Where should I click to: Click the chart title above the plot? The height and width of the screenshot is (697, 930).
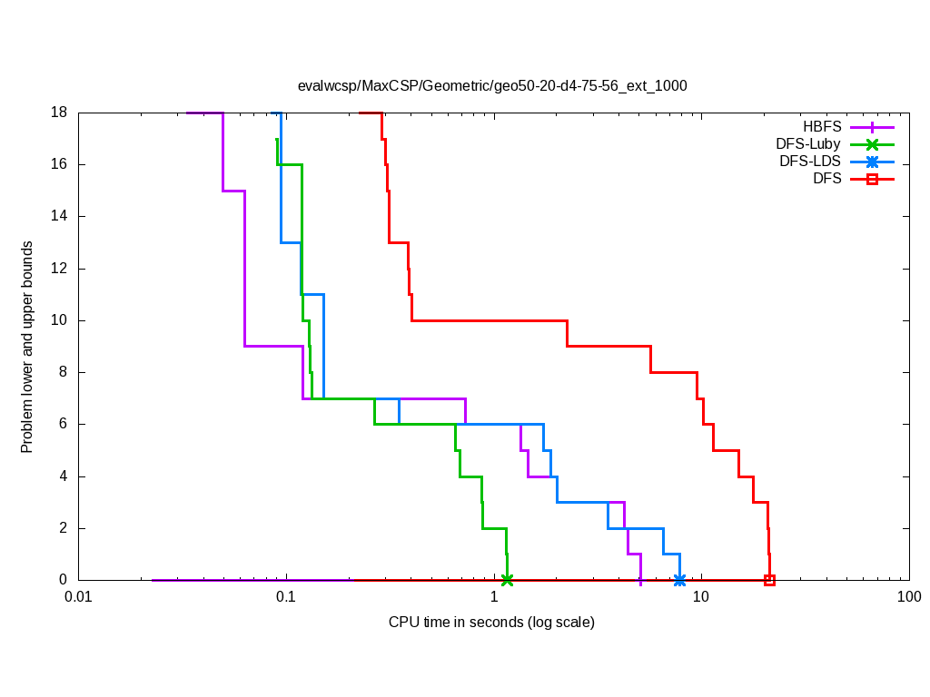(x=492, y=86)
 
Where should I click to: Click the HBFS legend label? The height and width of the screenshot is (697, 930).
(x=822, y=127)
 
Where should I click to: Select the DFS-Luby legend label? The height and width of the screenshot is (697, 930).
(x=808, y=144)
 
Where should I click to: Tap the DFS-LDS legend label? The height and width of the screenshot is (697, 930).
(x=810, y=162)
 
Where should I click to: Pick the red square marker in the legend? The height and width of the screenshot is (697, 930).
(x=872, y=179)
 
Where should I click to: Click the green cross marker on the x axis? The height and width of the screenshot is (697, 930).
(x=507, y=580)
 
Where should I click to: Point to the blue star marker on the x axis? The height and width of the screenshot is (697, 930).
(x=679, y=580)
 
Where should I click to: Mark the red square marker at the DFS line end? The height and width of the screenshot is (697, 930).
(x=769, y=580)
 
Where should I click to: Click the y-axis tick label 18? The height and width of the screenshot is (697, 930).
(x=60, y=113)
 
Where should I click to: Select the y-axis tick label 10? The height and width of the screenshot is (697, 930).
(x=60, y=320)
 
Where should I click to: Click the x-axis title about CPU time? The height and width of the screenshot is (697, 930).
(x=491, y=623)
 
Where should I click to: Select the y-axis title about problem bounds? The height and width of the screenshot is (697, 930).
(x=27, y=348)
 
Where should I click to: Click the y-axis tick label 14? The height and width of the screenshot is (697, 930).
(x=60, y=217)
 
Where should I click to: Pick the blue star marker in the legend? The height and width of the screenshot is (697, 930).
(x=872, y=162)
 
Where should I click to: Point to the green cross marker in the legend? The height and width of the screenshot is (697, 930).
(x=872, y=144)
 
